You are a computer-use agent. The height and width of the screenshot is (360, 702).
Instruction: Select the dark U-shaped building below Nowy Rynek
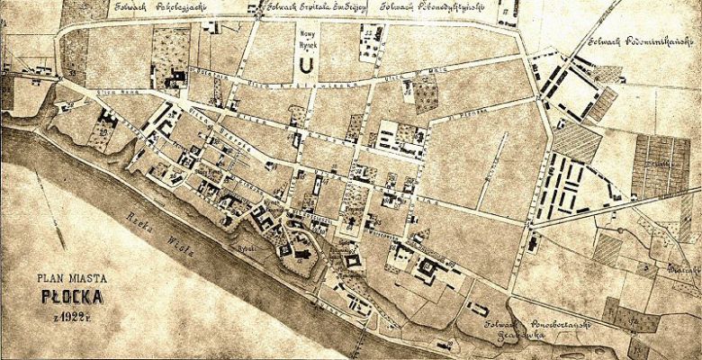click(307, 65)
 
